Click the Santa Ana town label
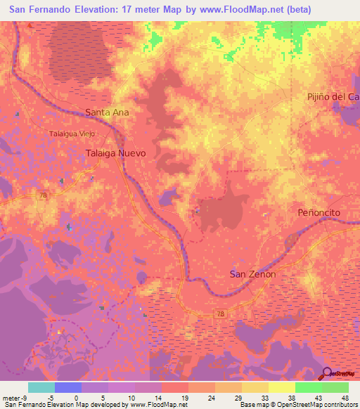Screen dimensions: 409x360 [108, 112]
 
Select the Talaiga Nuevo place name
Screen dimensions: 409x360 [115, 152]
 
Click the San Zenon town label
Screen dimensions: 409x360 [253, 274]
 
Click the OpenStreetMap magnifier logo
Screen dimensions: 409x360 [328, 374]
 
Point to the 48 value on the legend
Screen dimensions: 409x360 [345, 398]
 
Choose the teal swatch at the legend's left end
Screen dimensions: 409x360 [41, 387]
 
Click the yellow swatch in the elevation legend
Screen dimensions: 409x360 [282, 387]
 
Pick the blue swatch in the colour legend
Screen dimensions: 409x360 [68, 387]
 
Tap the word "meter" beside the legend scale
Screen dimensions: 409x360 [10, 398]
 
